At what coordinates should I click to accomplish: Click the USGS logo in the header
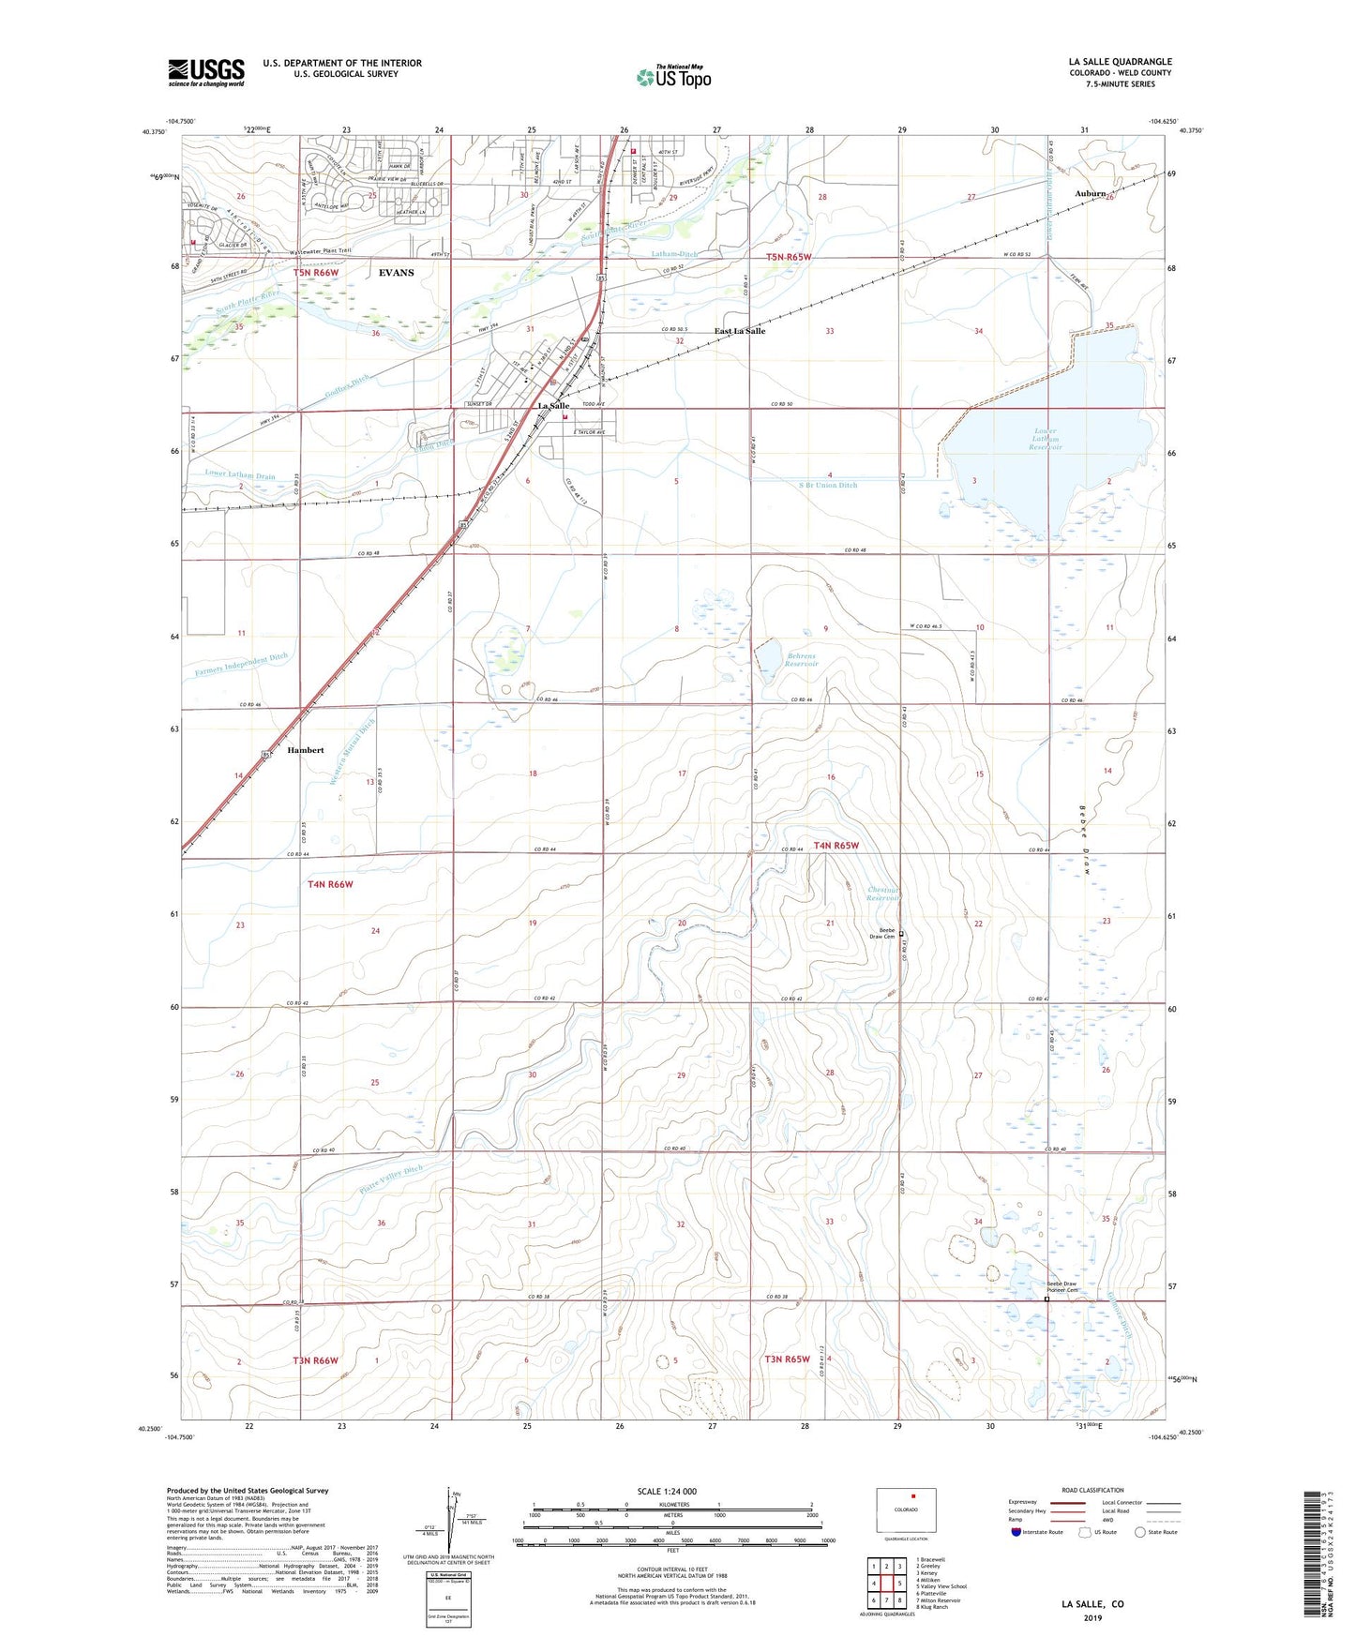205,72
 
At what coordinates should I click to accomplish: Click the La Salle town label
553,406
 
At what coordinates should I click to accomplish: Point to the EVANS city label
396,273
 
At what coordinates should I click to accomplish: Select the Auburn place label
1090,193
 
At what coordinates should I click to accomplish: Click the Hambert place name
306,750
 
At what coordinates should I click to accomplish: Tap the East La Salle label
740,331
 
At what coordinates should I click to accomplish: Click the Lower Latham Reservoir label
1045,439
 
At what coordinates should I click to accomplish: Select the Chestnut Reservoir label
882,894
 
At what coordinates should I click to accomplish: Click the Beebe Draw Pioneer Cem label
1056,1286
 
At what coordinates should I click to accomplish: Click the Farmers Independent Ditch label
242,666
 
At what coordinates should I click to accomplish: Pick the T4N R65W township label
836,845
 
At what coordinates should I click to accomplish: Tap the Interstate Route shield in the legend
1016,1532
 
